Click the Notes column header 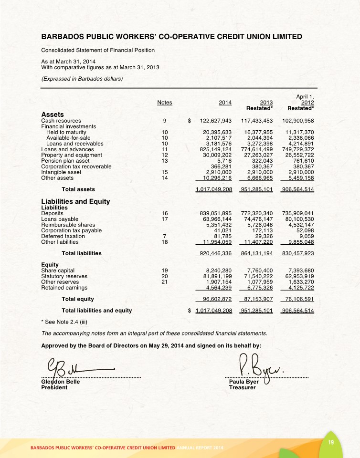tap(165, 102)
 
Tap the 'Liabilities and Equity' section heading tap(75, 201)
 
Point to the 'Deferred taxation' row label tap(63, 236)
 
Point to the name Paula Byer tap(244, 382)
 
